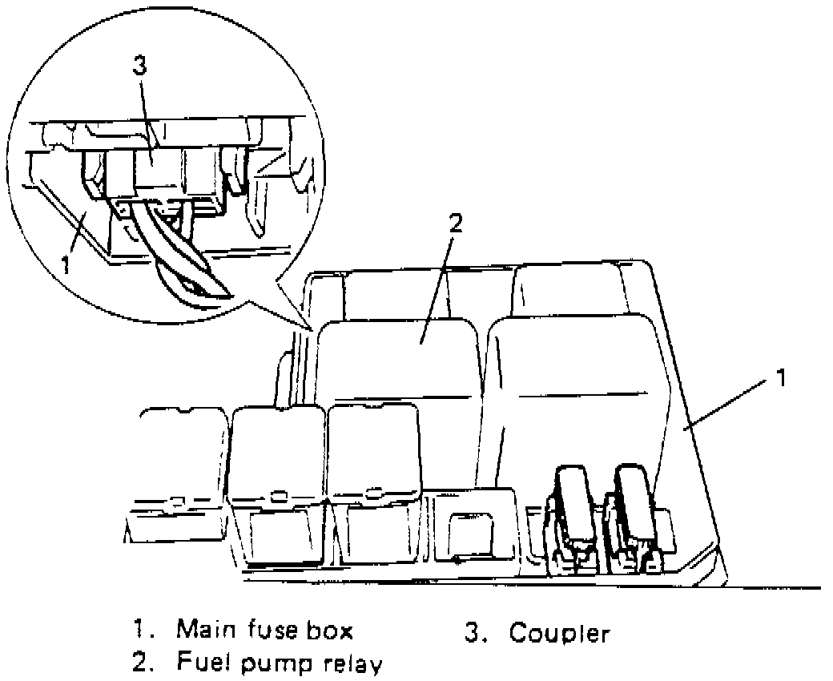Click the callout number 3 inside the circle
(x=139, y=66)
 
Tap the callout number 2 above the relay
(x=454, y=223)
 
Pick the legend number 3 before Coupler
(x=473, y=634)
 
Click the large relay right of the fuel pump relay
(x=577, y=385)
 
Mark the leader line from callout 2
(x=437, y=284)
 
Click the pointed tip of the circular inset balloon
(x=310, y=328)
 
